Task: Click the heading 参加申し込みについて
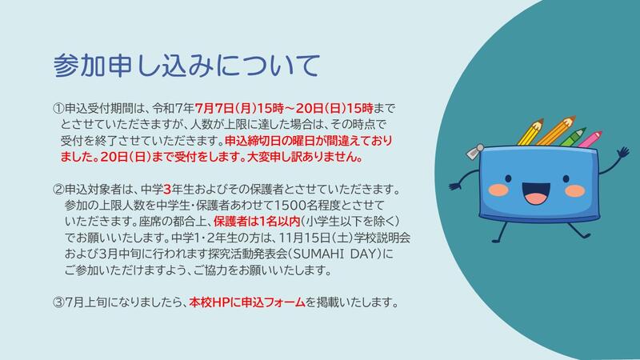pyautogui.click(x=186, y=66)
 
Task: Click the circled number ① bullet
pyautogui.click(x=58, y=109)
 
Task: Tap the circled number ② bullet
pyautogui.click(x=58, y=190)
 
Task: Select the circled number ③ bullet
pyautogui.click(x=58, y=302)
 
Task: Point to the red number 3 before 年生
pyautogui.click(x=167, y=190)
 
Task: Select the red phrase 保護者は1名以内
pyautogui.click(x=257, y=222)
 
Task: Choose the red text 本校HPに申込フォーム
pyautogui.click(x=247, y=302)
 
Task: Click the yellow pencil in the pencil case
pyautogui.click(x=530, y=132)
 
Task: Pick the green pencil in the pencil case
pyautogui.click(x=572, y=137)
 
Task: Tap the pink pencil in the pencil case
pyautogui.click(x=590, y=139)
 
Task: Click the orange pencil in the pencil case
pyautogui.click(x=555, y=130)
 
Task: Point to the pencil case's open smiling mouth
pyautogui.click(x=536, y=194)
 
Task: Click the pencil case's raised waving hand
pyautogui.click(x=623, y=154)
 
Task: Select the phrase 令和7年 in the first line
pyautogui.click(x=173, y=109)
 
